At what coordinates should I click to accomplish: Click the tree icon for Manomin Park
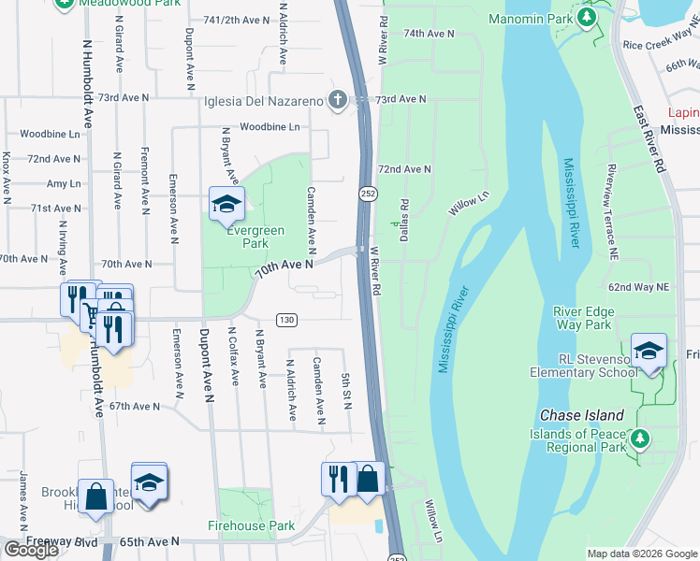click(x=587, y=19)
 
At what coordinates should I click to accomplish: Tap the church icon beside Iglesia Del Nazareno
click(x=337, y=100)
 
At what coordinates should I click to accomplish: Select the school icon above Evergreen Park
click(x=226, y=205)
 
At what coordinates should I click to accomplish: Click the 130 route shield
click(x=287, y=320)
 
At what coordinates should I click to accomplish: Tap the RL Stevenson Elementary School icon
click(x=649, y=351)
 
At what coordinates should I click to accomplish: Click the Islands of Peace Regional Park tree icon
click(x=640, y=438)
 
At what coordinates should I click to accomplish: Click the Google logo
click(x=30, y=549)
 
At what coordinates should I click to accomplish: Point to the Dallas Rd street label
click(x=404, y=221)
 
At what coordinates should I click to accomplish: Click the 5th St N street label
click(x=346, y=391)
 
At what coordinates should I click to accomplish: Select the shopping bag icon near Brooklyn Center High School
click(x=97, y=496)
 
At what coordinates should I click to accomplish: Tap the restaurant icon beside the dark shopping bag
click(x=338, y=478)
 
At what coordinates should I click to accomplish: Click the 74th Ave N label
click(x=428, y=33)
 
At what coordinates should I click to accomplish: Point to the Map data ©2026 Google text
click(x=641, y=554)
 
